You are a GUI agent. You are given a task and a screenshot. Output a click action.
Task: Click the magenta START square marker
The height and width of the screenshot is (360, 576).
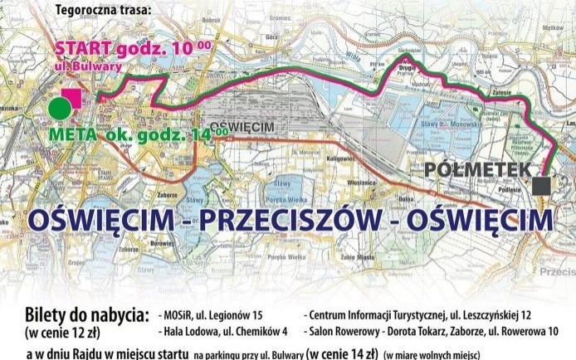(x=72, y=98)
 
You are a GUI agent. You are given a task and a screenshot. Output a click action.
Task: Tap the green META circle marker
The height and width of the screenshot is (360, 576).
(x=59, y=108)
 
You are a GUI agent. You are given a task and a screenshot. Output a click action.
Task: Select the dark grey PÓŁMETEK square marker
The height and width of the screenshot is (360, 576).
(x=542, y=185)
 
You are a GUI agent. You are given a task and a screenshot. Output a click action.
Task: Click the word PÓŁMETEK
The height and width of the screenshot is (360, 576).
(x=477, y=169)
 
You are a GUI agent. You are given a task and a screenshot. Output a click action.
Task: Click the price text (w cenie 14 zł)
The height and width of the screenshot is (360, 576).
(x=342, y=353)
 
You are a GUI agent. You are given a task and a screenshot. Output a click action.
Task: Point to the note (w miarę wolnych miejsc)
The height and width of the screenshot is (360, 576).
(x=432, y=354)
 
